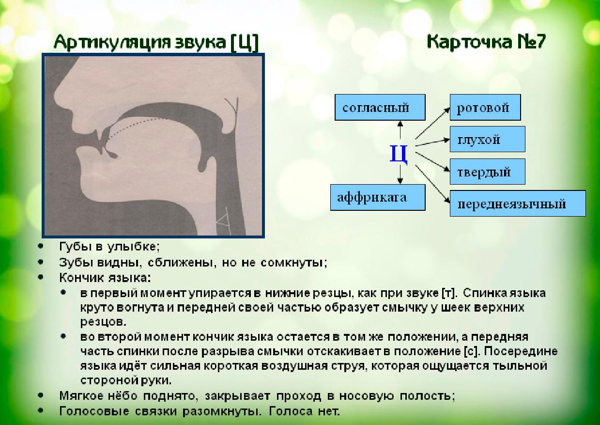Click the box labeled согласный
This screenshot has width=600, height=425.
[x=375, y=108]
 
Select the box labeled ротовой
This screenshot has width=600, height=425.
[x=485, y=108]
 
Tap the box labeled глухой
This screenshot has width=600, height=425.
[x=487, y=140]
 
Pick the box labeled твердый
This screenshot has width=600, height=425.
[x=487, y=172]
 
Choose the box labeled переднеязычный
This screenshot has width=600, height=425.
[x=517, y=203]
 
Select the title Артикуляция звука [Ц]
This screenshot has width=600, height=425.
[x=155, y=43]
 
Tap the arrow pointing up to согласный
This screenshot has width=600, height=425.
[x=400, y=130]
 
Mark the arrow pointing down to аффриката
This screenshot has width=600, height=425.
[x=400, y=174]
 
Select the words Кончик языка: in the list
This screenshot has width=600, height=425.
[x=105, y=278]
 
